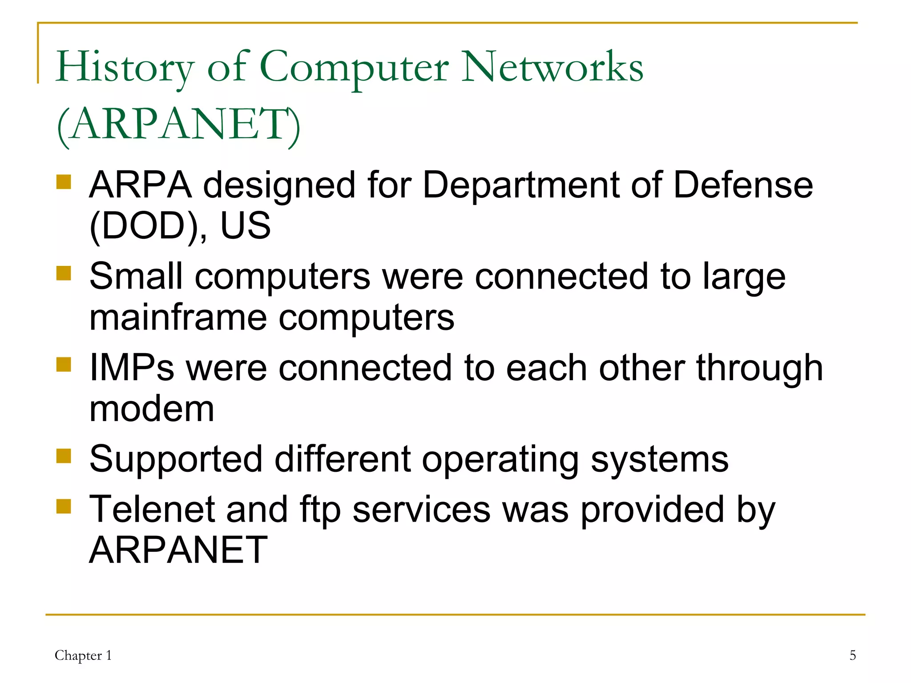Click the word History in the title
coord(125,68)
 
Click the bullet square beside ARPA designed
coord(64,182)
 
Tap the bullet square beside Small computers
coord(64,273)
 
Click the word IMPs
coord(132,368)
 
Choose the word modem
coord(152,409)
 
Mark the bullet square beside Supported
coord(64,456)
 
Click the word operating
coord(500,460)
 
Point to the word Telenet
coord(152,509)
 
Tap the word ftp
coord(320,510)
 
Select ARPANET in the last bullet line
coord(178,550)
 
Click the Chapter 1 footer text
coord(83,655)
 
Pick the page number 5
coord(852,655)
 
